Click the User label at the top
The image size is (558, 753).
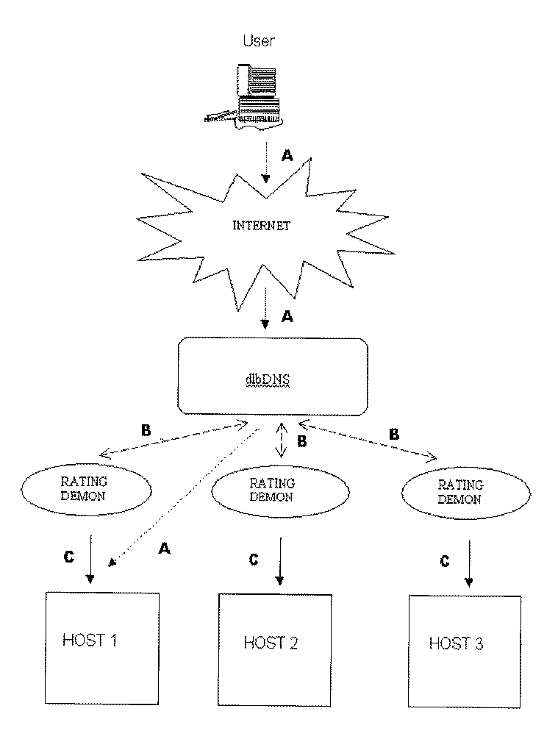point(259,41)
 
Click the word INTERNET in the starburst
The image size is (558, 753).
point(261,225)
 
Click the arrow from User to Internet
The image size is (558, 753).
point(266,166)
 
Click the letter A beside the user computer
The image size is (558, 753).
point(287,157)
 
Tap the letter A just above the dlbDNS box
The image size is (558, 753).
point(287,317)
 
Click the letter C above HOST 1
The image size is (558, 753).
point(68,557)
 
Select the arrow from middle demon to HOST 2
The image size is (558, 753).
point(279,563)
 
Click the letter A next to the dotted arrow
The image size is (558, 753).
point(165,550)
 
